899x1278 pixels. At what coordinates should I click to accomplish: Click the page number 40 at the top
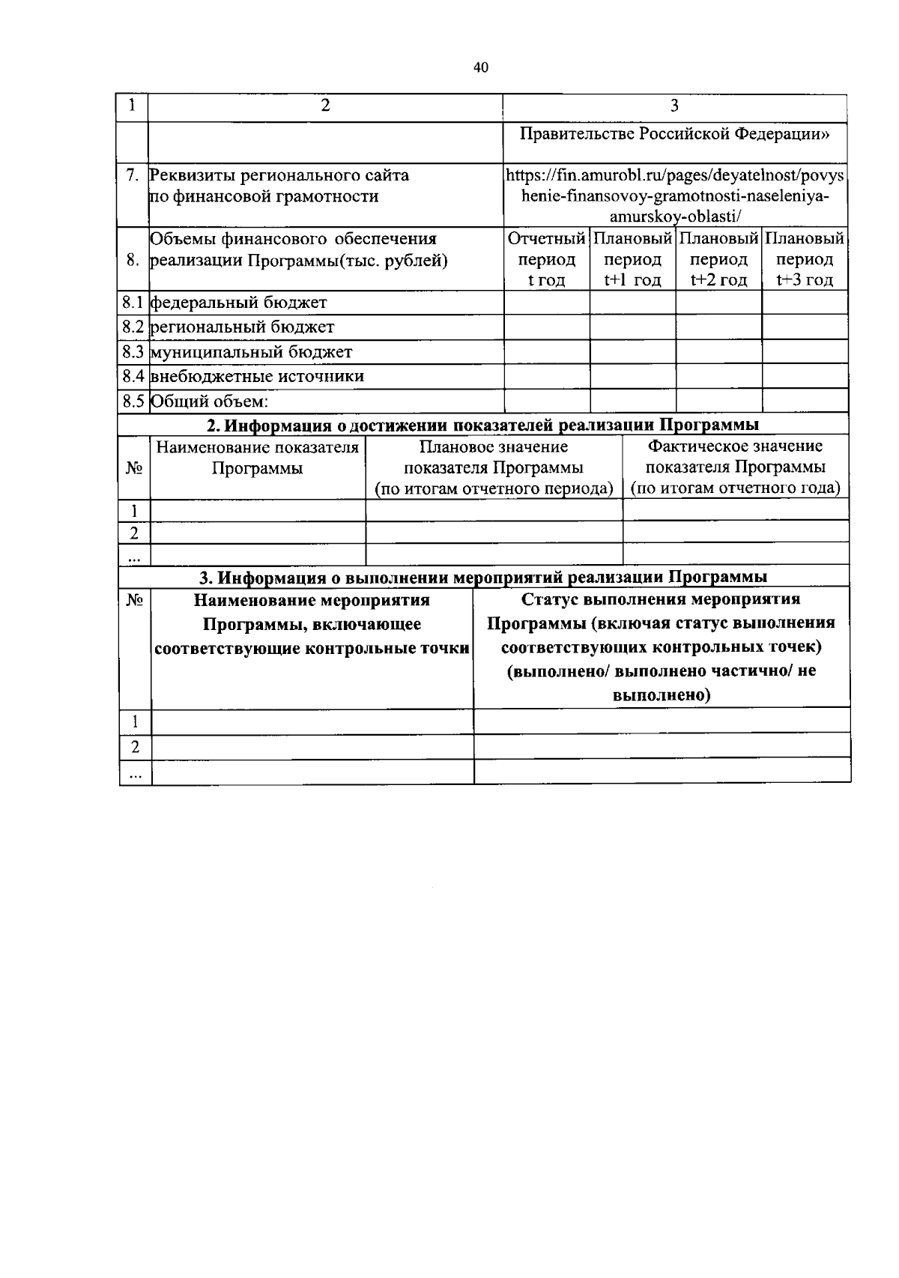[481, 68]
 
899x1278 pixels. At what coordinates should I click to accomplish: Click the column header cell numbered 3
[674, 106]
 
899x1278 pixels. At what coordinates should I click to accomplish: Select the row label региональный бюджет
[242, 327]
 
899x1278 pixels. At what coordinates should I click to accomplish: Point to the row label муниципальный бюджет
[251, 352]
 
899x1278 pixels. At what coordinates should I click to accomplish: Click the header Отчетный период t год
[546, 259]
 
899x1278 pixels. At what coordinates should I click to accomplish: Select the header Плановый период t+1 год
[632, 259]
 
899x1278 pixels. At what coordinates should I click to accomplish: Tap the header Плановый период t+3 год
[805, 259]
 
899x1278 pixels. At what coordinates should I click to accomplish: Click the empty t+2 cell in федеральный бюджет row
[718, 303]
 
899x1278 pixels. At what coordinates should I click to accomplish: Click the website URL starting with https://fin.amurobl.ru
[674, 196]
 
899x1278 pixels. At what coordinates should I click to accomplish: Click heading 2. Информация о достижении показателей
[483, 426]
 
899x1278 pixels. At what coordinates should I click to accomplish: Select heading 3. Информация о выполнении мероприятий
[483, 578]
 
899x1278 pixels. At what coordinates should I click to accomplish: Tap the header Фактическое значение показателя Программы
[736, 467]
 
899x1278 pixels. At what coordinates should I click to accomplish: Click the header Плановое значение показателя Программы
[494, 467]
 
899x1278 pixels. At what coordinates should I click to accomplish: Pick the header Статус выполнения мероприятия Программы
[662, 646]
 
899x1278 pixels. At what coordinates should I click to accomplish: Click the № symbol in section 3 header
[135, 601]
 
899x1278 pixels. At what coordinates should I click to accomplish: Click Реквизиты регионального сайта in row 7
[279, 175]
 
